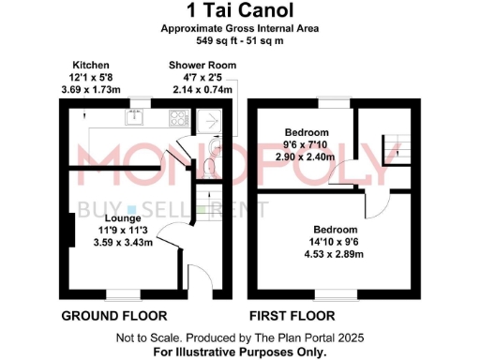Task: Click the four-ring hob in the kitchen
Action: [x=177, y=118]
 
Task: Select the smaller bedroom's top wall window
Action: [x=329, y=100]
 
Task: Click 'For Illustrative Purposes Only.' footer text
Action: [x=240, y=352]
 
